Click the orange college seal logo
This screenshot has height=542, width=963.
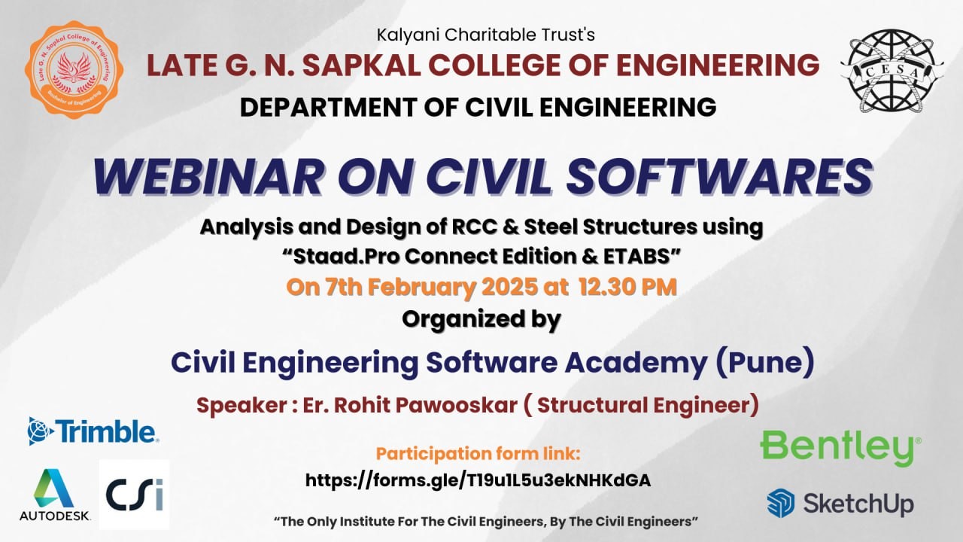[x=74, y=70]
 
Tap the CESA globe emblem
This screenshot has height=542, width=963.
[x=892, y=71]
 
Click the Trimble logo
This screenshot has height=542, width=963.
[x=93, y=431]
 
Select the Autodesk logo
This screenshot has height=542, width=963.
[x=55, y=495]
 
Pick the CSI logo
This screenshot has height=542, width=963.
[x=135, y=495]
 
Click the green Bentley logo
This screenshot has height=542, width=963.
[x=841, y=448]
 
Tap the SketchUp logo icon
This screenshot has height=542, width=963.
[x=781, y=503]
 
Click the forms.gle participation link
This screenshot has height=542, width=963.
[x=478, y=480]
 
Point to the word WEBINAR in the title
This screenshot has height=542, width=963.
[x=208, y=177]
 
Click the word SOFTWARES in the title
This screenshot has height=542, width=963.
[x=719, y=177]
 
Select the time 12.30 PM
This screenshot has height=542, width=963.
[x=627, y=287]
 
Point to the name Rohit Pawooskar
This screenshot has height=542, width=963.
[x=426, y=405]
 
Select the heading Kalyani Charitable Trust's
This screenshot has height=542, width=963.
[x=486, y=35]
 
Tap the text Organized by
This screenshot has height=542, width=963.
[x=481, y=320]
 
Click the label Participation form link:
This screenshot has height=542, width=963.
[x=478, y=453]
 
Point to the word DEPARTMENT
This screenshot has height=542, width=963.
[x=329, y=107]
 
